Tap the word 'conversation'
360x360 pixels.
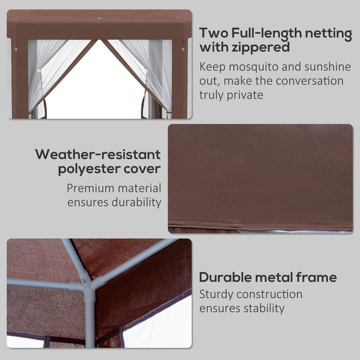coord(308,81)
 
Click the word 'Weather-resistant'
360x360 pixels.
coord(98,154)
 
